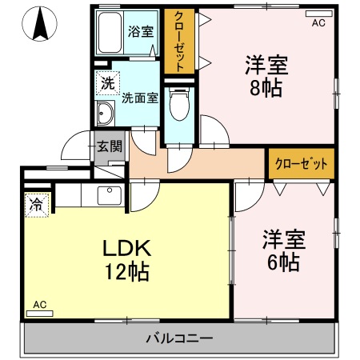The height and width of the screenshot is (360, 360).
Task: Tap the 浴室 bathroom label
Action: pos(142,31)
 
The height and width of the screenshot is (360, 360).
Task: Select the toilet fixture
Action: pos(178,105)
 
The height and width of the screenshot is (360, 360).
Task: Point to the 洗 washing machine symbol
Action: pos(106,82)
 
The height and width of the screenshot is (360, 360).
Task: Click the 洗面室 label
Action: pos(140,98)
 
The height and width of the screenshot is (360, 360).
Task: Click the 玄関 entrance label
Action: pos(110,146)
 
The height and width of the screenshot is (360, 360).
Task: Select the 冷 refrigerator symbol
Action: pos(36,204)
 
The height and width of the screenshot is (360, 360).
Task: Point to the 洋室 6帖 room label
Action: pos(282,250)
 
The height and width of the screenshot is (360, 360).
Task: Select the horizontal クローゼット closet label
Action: pos(301,163)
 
